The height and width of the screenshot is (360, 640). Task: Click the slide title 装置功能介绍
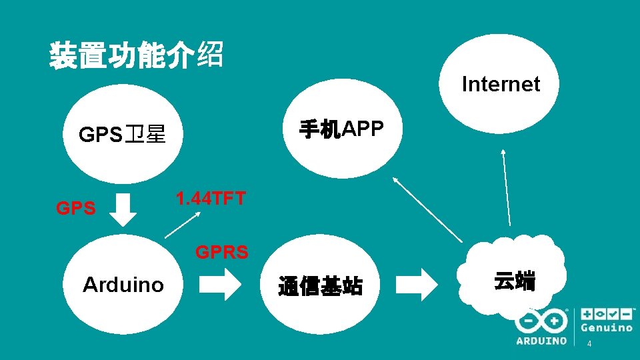click(135, 55)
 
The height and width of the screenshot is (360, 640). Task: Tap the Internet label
click(501, 84)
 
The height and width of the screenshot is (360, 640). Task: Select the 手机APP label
click(341, 129)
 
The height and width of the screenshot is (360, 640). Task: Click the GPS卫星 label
click(122, 135)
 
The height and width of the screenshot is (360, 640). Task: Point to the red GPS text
click(75, 209)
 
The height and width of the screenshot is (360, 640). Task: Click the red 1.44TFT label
click(211, 199)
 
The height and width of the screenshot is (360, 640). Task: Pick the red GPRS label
click(221, 252)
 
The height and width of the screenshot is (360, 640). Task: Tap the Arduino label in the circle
click(123, 285)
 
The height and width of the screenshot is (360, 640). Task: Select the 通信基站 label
click(320, 287)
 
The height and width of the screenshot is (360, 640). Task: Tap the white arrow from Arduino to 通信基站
click(220, 285)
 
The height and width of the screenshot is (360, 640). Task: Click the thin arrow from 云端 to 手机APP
click(427, 209)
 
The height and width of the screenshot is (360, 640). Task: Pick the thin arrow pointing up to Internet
click(507, 187)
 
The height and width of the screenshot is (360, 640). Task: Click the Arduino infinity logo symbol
click(541, 321)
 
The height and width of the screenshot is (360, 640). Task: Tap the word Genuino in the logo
click(607, 328)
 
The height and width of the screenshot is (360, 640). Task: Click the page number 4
click(589, 344)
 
